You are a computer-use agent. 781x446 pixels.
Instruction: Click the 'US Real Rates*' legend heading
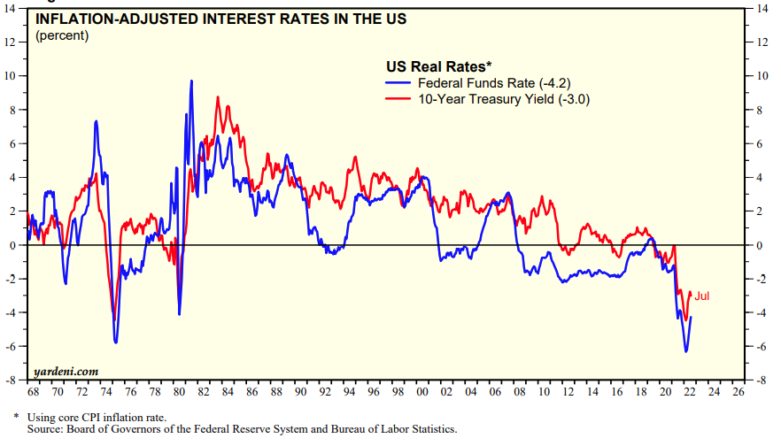click(438, 66)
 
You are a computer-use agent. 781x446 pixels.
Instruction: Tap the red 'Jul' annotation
click(701, 296)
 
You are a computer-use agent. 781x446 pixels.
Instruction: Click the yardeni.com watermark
click(66, 371)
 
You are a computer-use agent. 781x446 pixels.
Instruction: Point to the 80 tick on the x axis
click(178, 390)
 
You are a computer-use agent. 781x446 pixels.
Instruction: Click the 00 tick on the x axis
click(422, 390)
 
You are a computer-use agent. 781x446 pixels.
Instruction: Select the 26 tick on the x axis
click(740, 390)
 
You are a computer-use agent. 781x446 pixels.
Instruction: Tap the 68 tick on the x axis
click(33, 390)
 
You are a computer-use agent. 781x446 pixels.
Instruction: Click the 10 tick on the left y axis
click(12, 76)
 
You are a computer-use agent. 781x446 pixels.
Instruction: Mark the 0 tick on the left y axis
click(13, 245)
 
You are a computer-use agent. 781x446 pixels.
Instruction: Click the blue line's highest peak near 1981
click(191, 81)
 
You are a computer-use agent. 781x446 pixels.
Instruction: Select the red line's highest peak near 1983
click(218, 96)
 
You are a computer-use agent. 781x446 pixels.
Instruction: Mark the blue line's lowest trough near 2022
click(685, 352)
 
